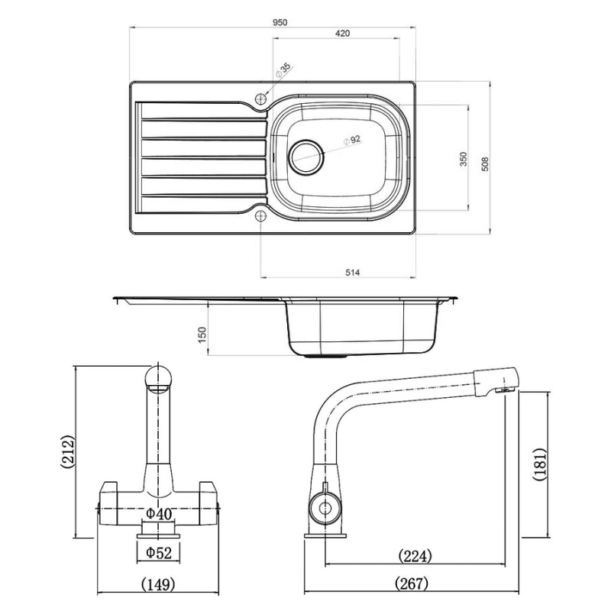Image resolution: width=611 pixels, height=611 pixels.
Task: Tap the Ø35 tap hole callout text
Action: (283, 71)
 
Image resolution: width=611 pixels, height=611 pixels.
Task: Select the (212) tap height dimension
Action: (66, 452)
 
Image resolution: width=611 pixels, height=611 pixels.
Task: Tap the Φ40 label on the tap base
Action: (158, 514)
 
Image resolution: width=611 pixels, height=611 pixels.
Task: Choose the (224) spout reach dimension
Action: (415, 555)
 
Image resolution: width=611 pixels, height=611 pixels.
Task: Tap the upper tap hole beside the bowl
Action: (260, 99)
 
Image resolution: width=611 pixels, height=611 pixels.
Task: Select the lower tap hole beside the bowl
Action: (260, 216)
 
